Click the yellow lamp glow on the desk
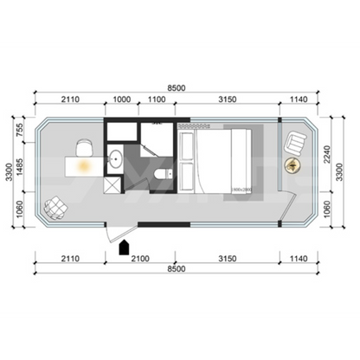85,165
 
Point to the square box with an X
112,184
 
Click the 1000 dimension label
122,100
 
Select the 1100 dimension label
157,100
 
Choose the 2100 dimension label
139,258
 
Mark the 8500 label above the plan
177,86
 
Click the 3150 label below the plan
226,258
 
